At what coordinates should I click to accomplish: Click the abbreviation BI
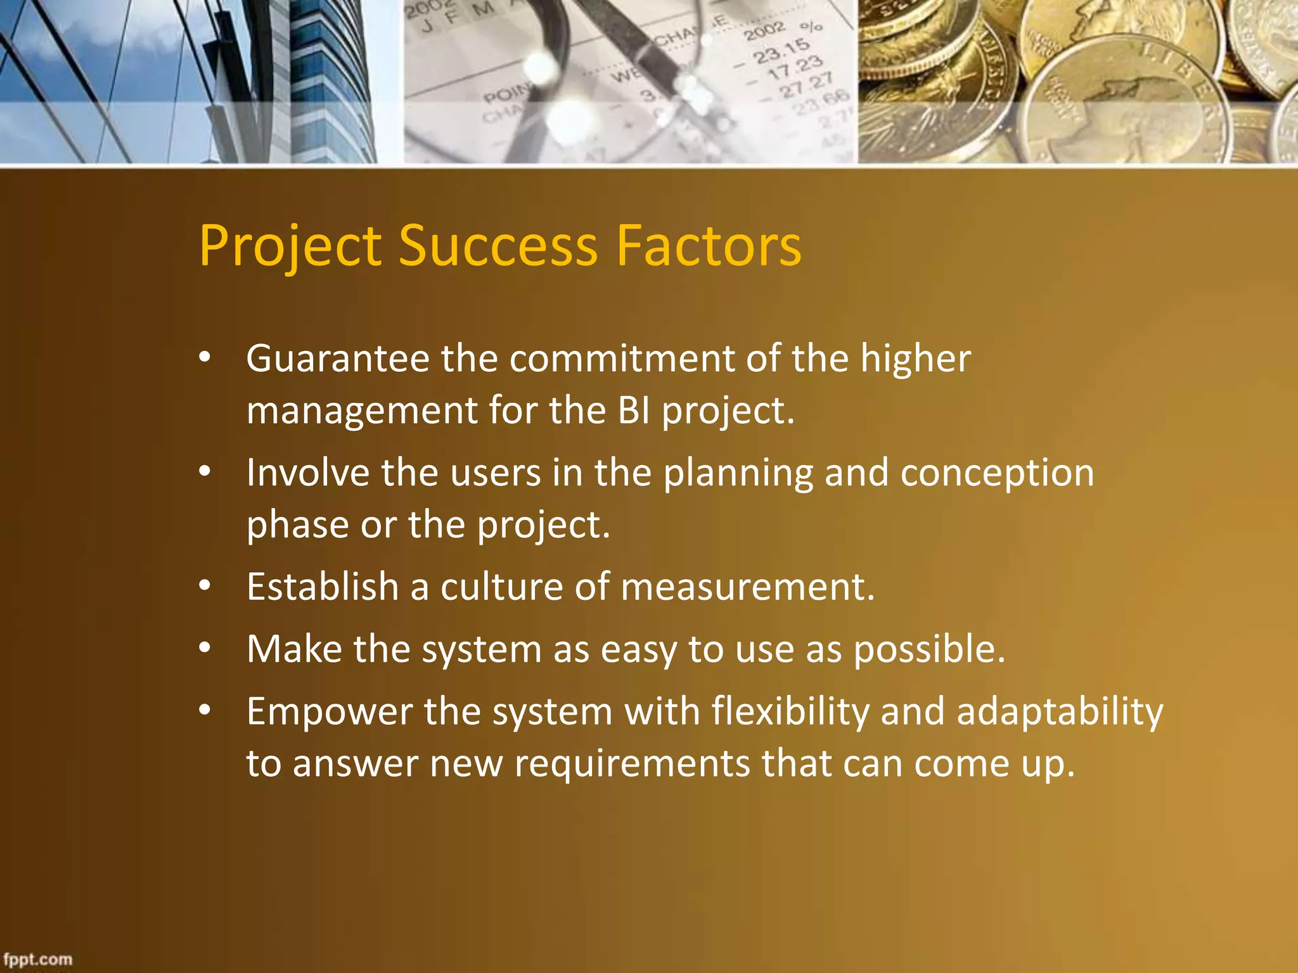pos(633,410)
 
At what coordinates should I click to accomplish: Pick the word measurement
pos(748,587)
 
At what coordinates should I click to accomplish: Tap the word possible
pos(929,650)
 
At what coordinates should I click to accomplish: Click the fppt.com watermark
pos(38,959)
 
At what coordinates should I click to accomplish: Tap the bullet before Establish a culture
pos(204,586)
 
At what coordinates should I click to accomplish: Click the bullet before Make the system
pos(204,649)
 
